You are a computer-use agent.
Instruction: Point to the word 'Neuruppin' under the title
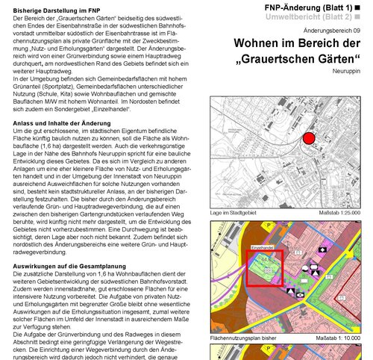pyautogui.click(x=350, y=72)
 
